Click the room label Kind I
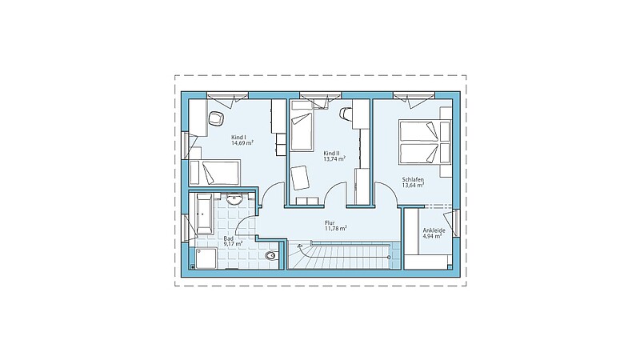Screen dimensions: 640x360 click(x=238, y=138)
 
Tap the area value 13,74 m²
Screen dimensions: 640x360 click(x=334, y=159)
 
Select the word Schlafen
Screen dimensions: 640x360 click(x=413, y=179)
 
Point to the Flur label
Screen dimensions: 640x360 click(x=330, y=223)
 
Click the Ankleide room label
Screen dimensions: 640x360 click(x=434, y=230)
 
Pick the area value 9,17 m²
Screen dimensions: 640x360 click(x=233, y=244)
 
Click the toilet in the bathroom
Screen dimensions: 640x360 click(x=270, y=256)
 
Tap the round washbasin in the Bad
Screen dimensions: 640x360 click(x=234, y=199)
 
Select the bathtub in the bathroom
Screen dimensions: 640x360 click(x=204, y=214)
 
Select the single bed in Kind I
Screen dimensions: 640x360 click(x=214, y=173)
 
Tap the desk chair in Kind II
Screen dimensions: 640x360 click(x=346, y=114)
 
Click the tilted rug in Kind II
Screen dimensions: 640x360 click(x=301, y=178)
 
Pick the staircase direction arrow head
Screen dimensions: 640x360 click(x=301, y=246)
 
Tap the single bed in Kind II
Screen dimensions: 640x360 click(x=302, y=131)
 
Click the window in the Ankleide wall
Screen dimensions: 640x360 click(x=456, y=224)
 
